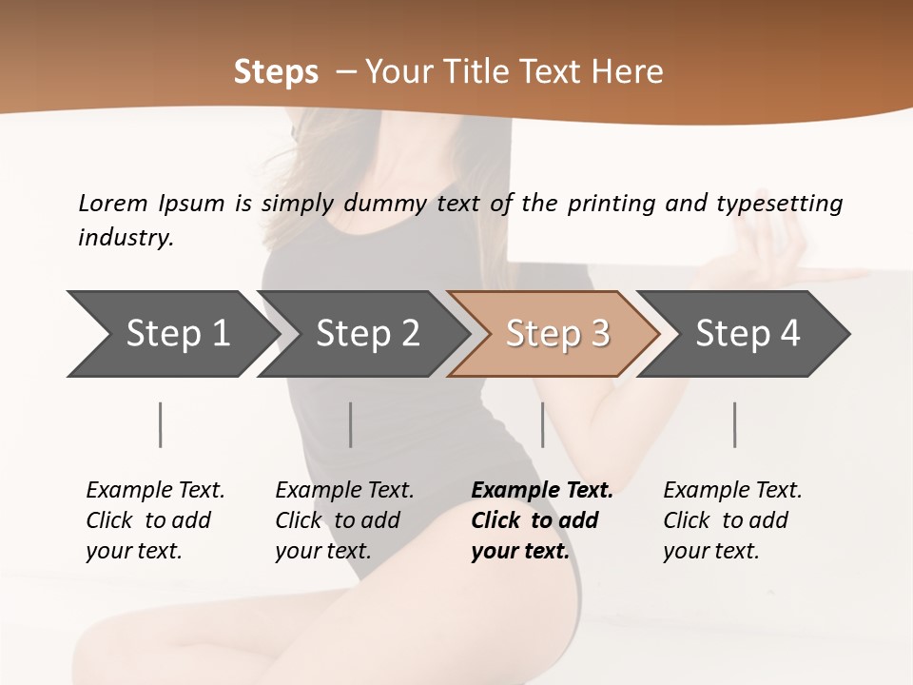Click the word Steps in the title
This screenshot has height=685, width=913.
276,72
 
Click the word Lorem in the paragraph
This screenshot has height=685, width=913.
112,203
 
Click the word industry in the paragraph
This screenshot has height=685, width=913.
126,237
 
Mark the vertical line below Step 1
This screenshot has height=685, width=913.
161,424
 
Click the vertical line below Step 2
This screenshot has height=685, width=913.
351,424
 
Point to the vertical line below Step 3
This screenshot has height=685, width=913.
542,424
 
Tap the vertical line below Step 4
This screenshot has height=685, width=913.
734,424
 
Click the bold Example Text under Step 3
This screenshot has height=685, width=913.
542,491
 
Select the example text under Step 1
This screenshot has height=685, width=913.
155,520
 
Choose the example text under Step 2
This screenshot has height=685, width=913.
344,520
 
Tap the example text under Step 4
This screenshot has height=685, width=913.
732,520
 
